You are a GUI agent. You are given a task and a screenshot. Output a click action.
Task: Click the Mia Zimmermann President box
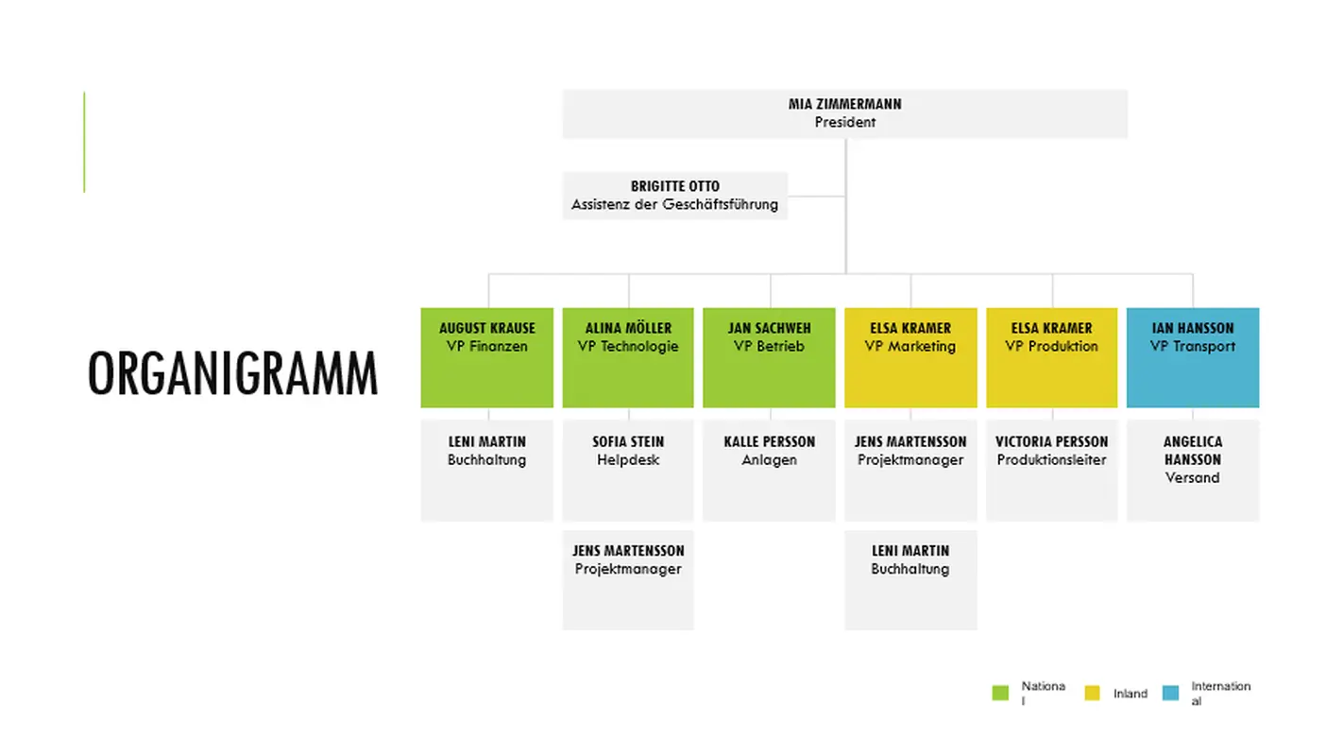844,113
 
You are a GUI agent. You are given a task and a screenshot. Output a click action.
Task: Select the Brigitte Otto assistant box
674,196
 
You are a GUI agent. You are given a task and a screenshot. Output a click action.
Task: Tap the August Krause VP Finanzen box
486,357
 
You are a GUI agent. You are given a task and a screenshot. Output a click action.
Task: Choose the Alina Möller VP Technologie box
628,357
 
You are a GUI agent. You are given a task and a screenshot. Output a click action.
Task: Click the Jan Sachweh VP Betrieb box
769,357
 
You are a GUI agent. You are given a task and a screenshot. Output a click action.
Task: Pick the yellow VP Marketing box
910,357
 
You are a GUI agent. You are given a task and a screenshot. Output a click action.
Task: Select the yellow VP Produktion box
1051,357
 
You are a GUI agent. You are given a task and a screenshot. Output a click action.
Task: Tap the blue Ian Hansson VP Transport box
1192,357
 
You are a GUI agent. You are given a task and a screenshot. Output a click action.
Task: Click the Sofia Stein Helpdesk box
628,470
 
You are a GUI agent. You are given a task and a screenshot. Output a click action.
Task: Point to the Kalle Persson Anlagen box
769,470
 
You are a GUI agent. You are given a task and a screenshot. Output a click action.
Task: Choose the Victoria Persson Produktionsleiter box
1051,470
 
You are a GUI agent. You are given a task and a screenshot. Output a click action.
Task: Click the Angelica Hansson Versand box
1192,470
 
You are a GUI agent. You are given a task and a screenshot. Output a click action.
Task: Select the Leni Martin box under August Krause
486,470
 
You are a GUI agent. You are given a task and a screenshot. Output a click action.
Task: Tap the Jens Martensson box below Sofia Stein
628,579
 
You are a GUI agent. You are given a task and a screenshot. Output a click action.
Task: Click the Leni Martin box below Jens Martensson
910,579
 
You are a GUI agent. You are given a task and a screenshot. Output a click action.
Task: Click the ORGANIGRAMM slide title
232,374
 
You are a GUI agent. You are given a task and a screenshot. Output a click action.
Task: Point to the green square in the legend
1000,694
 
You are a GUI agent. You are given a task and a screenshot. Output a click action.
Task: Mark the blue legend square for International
1171,694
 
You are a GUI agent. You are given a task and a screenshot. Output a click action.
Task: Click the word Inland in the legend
1130,694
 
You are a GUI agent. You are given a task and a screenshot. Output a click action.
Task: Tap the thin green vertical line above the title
84,142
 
